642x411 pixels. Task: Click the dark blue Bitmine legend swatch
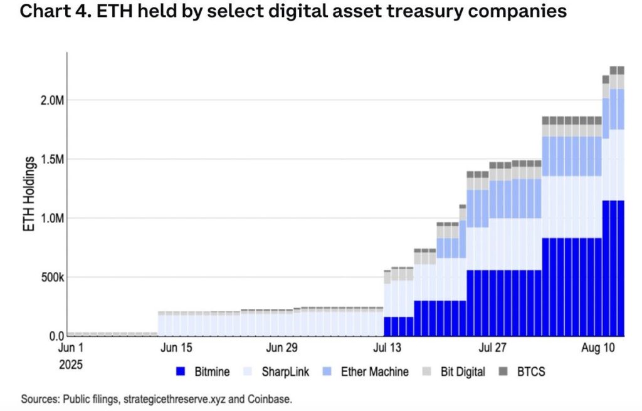pyautogui.click(x=181, y=372)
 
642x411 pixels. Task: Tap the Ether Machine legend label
pyautogui.click(x=374, y=372)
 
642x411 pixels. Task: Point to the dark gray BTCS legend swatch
pyautogui.click(x=505, y=372)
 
